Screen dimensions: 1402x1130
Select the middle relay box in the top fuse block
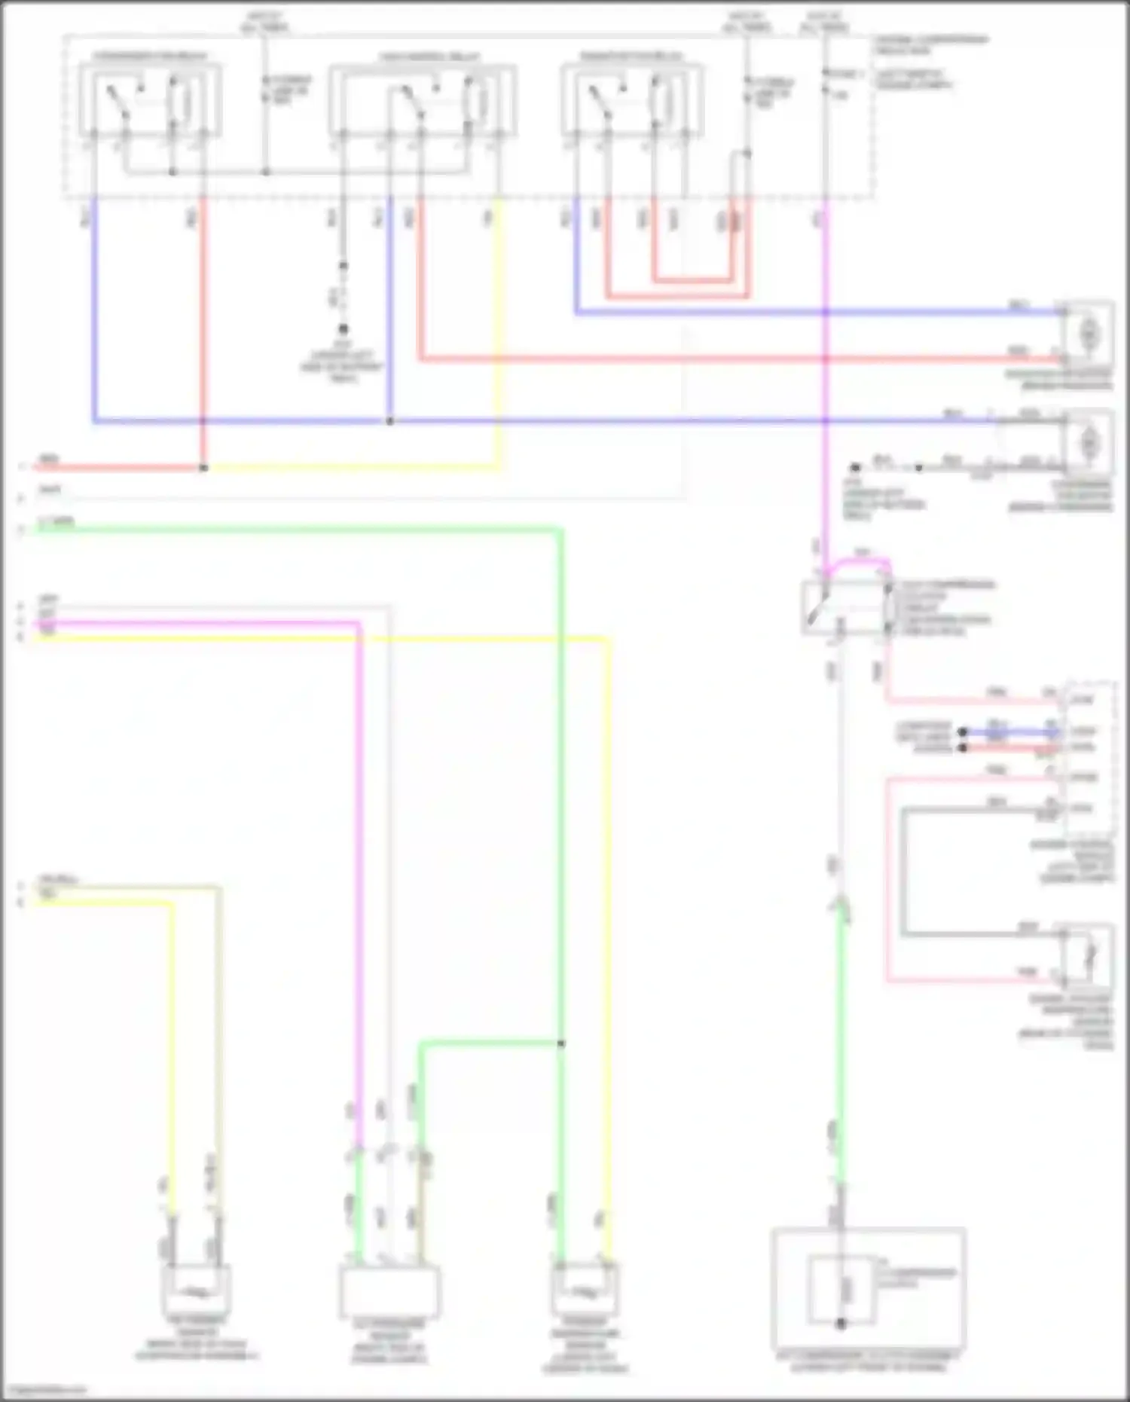(422, 101)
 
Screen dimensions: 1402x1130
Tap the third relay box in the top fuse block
(632, 101)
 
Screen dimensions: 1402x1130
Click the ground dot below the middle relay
(343, 329)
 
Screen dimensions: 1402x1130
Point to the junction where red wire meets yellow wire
(203, 468)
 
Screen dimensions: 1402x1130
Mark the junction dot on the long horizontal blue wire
(389, 421)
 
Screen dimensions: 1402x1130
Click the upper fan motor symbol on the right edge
(1088, 332)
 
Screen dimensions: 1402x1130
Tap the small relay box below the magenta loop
(844, 607)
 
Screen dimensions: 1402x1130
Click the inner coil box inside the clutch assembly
(841, 1290)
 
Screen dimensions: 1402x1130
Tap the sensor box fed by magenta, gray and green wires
(389, 1290)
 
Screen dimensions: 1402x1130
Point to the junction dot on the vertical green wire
(560, 1043)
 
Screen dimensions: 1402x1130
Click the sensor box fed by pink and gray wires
(1088, 956)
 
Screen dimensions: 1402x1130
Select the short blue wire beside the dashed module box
(1009, 732)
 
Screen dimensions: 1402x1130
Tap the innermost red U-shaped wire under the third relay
(692, 280)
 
